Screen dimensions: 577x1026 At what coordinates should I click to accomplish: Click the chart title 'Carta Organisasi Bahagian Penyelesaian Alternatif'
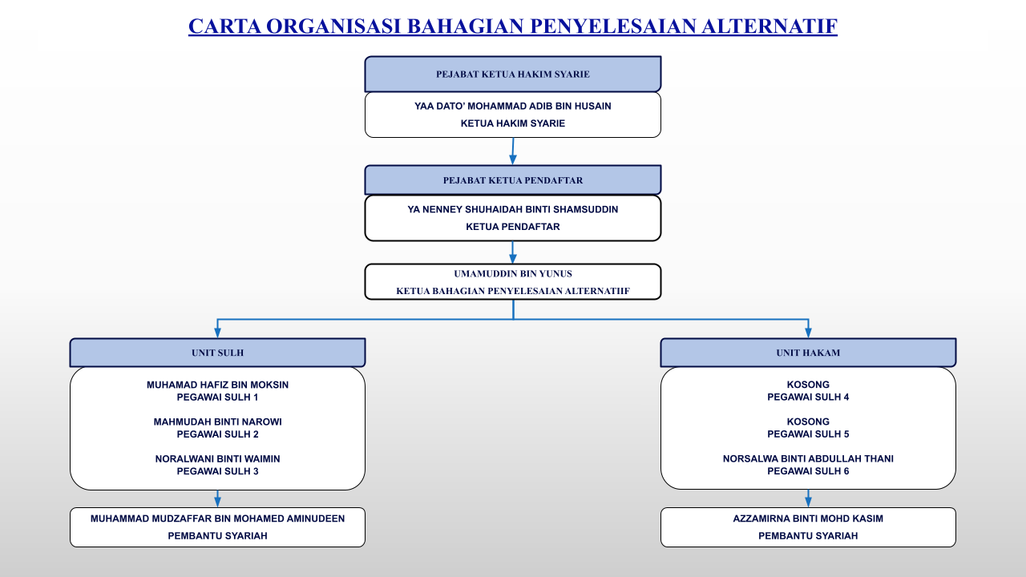coord(513,26)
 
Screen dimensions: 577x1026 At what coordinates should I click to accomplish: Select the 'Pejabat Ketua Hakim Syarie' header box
coord(513,74)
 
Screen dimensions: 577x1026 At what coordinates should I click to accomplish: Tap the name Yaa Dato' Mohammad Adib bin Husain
coord(513,106)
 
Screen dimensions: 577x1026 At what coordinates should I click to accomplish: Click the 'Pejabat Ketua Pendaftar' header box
coord(513,180)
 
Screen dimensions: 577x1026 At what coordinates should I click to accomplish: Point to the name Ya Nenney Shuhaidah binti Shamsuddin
coord(513,209)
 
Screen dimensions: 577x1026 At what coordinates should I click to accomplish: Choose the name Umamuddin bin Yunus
coord(513,273)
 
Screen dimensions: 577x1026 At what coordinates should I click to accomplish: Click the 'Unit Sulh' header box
coord(217,353)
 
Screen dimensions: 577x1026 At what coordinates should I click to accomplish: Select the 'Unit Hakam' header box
coord(808,353)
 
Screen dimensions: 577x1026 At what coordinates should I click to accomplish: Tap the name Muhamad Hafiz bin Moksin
coord(217,385)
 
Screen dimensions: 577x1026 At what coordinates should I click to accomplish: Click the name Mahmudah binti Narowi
coord(217,422)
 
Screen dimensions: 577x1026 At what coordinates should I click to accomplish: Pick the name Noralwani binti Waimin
coord(217,458)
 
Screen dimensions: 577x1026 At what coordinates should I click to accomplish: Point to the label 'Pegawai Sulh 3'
coord(217,471)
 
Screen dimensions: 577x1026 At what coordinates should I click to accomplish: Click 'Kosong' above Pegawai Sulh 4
coord(808,385)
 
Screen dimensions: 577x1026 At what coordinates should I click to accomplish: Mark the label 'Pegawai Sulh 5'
coord(808,434)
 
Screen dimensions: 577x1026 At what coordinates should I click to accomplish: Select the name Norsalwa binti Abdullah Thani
coord(808,458)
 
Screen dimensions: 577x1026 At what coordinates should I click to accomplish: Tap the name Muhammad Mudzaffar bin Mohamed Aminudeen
coord(217,518)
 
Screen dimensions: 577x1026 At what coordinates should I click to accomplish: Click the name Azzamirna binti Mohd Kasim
coord(808,518)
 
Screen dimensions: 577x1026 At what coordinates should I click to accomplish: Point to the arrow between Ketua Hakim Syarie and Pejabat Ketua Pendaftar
coord(513,151)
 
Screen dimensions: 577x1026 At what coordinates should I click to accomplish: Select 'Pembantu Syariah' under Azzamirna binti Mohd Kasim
coord(808,536)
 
